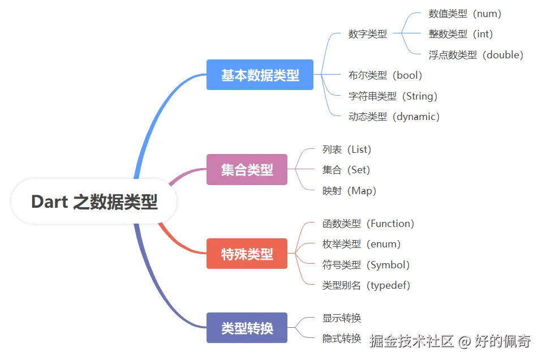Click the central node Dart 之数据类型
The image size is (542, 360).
[94, 202]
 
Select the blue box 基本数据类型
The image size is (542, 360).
[260, 75]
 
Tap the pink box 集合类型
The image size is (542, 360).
[247, 169]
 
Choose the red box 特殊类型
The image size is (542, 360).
[247, 254]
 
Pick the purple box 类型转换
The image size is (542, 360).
[247, 328]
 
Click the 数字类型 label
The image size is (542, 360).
[368, 33]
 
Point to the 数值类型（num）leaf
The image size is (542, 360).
[465, 14]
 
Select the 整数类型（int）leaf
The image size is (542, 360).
[461, 34]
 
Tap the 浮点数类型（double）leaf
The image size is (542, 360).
[476, 55]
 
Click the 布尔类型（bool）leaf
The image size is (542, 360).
[386, 75]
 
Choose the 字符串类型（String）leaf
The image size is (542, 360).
[393, 96]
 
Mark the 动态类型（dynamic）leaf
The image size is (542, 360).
[394, 117]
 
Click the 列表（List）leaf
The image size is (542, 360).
[347, 149]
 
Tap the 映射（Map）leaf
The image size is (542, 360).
[349, 191]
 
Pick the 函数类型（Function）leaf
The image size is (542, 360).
[368, 224]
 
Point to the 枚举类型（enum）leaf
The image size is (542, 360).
[362, 244]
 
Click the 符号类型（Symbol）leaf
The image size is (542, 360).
[366, 265]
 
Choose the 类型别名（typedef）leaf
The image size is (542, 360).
[367, 285]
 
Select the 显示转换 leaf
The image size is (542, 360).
[342, 318]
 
